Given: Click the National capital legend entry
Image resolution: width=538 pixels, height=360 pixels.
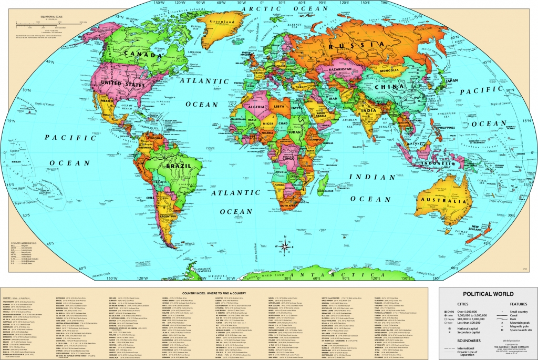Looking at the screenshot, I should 460,328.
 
